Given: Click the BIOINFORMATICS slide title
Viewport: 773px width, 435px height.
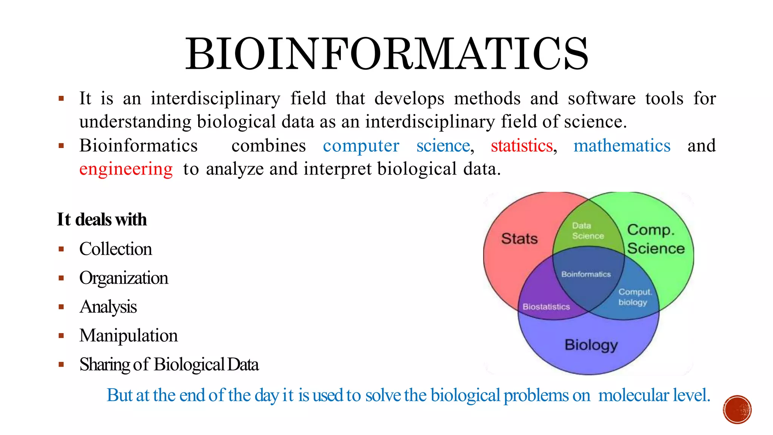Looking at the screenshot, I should click(386, 54).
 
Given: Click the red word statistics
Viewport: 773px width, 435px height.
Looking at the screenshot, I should click(522, 146).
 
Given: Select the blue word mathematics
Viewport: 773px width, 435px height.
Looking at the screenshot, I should click(622, 146).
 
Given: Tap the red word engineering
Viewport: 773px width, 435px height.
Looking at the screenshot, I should click(126, 169).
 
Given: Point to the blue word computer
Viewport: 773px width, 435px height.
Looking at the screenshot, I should click(361, 146).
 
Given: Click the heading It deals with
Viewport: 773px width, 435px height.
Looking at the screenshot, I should click(102, 219).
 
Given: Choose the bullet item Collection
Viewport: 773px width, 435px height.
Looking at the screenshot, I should click(115, 249).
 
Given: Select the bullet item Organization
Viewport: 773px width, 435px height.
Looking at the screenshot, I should click(123, 278).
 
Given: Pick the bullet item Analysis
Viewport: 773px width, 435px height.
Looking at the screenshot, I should click(108, 307).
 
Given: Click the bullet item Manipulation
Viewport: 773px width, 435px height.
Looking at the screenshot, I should click(128, 335).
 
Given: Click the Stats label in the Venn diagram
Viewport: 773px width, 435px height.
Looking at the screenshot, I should click(519, 239).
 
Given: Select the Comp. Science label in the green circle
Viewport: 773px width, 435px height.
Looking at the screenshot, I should click(655, 239).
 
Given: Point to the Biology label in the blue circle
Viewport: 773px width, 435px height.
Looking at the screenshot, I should click(591, 345).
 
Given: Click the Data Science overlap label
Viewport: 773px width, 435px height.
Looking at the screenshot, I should click(587, 231).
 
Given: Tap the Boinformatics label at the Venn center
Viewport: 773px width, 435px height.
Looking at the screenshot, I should click(586, 274).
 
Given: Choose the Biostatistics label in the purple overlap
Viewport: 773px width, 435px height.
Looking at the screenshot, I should click(546, 307).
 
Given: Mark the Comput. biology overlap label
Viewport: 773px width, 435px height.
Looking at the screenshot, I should click(634, 297).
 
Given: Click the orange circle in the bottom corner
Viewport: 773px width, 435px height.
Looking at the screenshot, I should click(737, 409).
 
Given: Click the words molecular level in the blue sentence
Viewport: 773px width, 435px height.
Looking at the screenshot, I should click(654, 395).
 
